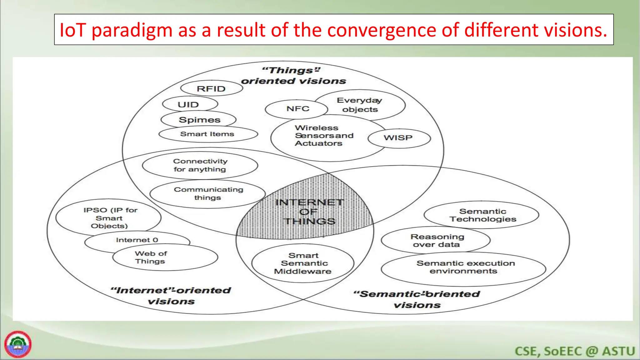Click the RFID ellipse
(212, 89)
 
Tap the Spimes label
(199, 120)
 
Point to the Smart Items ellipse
(207, 134)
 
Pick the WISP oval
(399, 138)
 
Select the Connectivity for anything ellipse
(200, 165)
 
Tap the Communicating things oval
(208, 193)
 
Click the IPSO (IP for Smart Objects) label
(109, 218)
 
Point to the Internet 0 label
(137, 240)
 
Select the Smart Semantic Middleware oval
(303, 263)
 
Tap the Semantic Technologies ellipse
(482, 215)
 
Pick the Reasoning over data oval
(436, 241)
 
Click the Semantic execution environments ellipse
(464, 267)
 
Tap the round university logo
(18, 344)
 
